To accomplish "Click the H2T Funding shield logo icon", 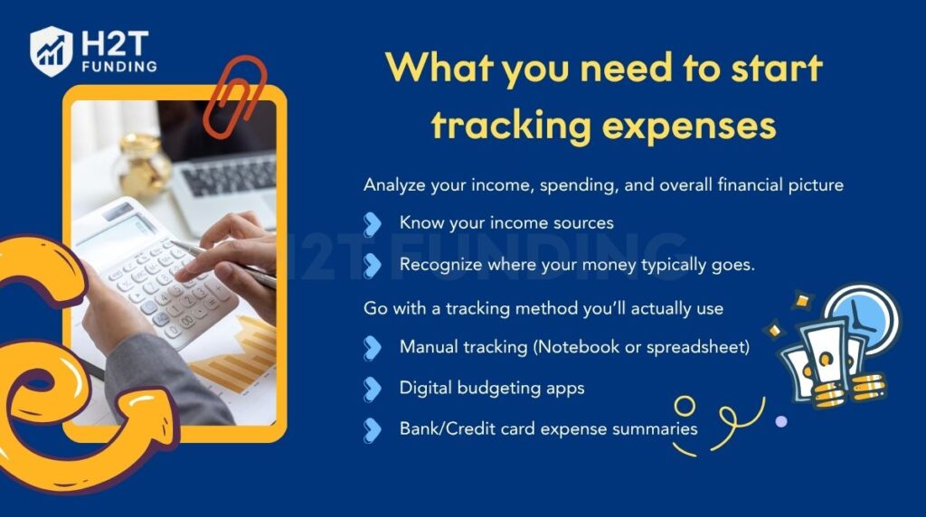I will point(51,50).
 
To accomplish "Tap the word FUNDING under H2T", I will point(117,66).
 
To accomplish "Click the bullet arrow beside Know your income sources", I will point(372,222).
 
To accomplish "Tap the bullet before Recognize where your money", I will point(372,265).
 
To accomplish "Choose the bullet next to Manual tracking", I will point(372,346).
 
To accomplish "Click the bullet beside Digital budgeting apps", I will point(372,388).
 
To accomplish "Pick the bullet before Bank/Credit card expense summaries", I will point(372,429).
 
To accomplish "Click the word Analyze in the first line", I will point(392,185).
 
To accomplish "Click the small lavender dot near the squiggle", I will point(780,421).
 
